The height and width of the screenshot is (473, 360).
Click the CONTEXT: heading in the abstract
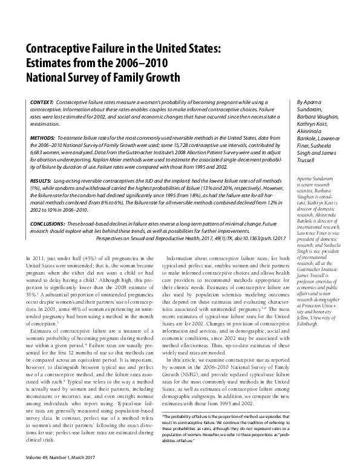41,103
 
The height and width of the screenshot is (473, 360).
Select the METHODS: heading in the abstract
42,138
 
